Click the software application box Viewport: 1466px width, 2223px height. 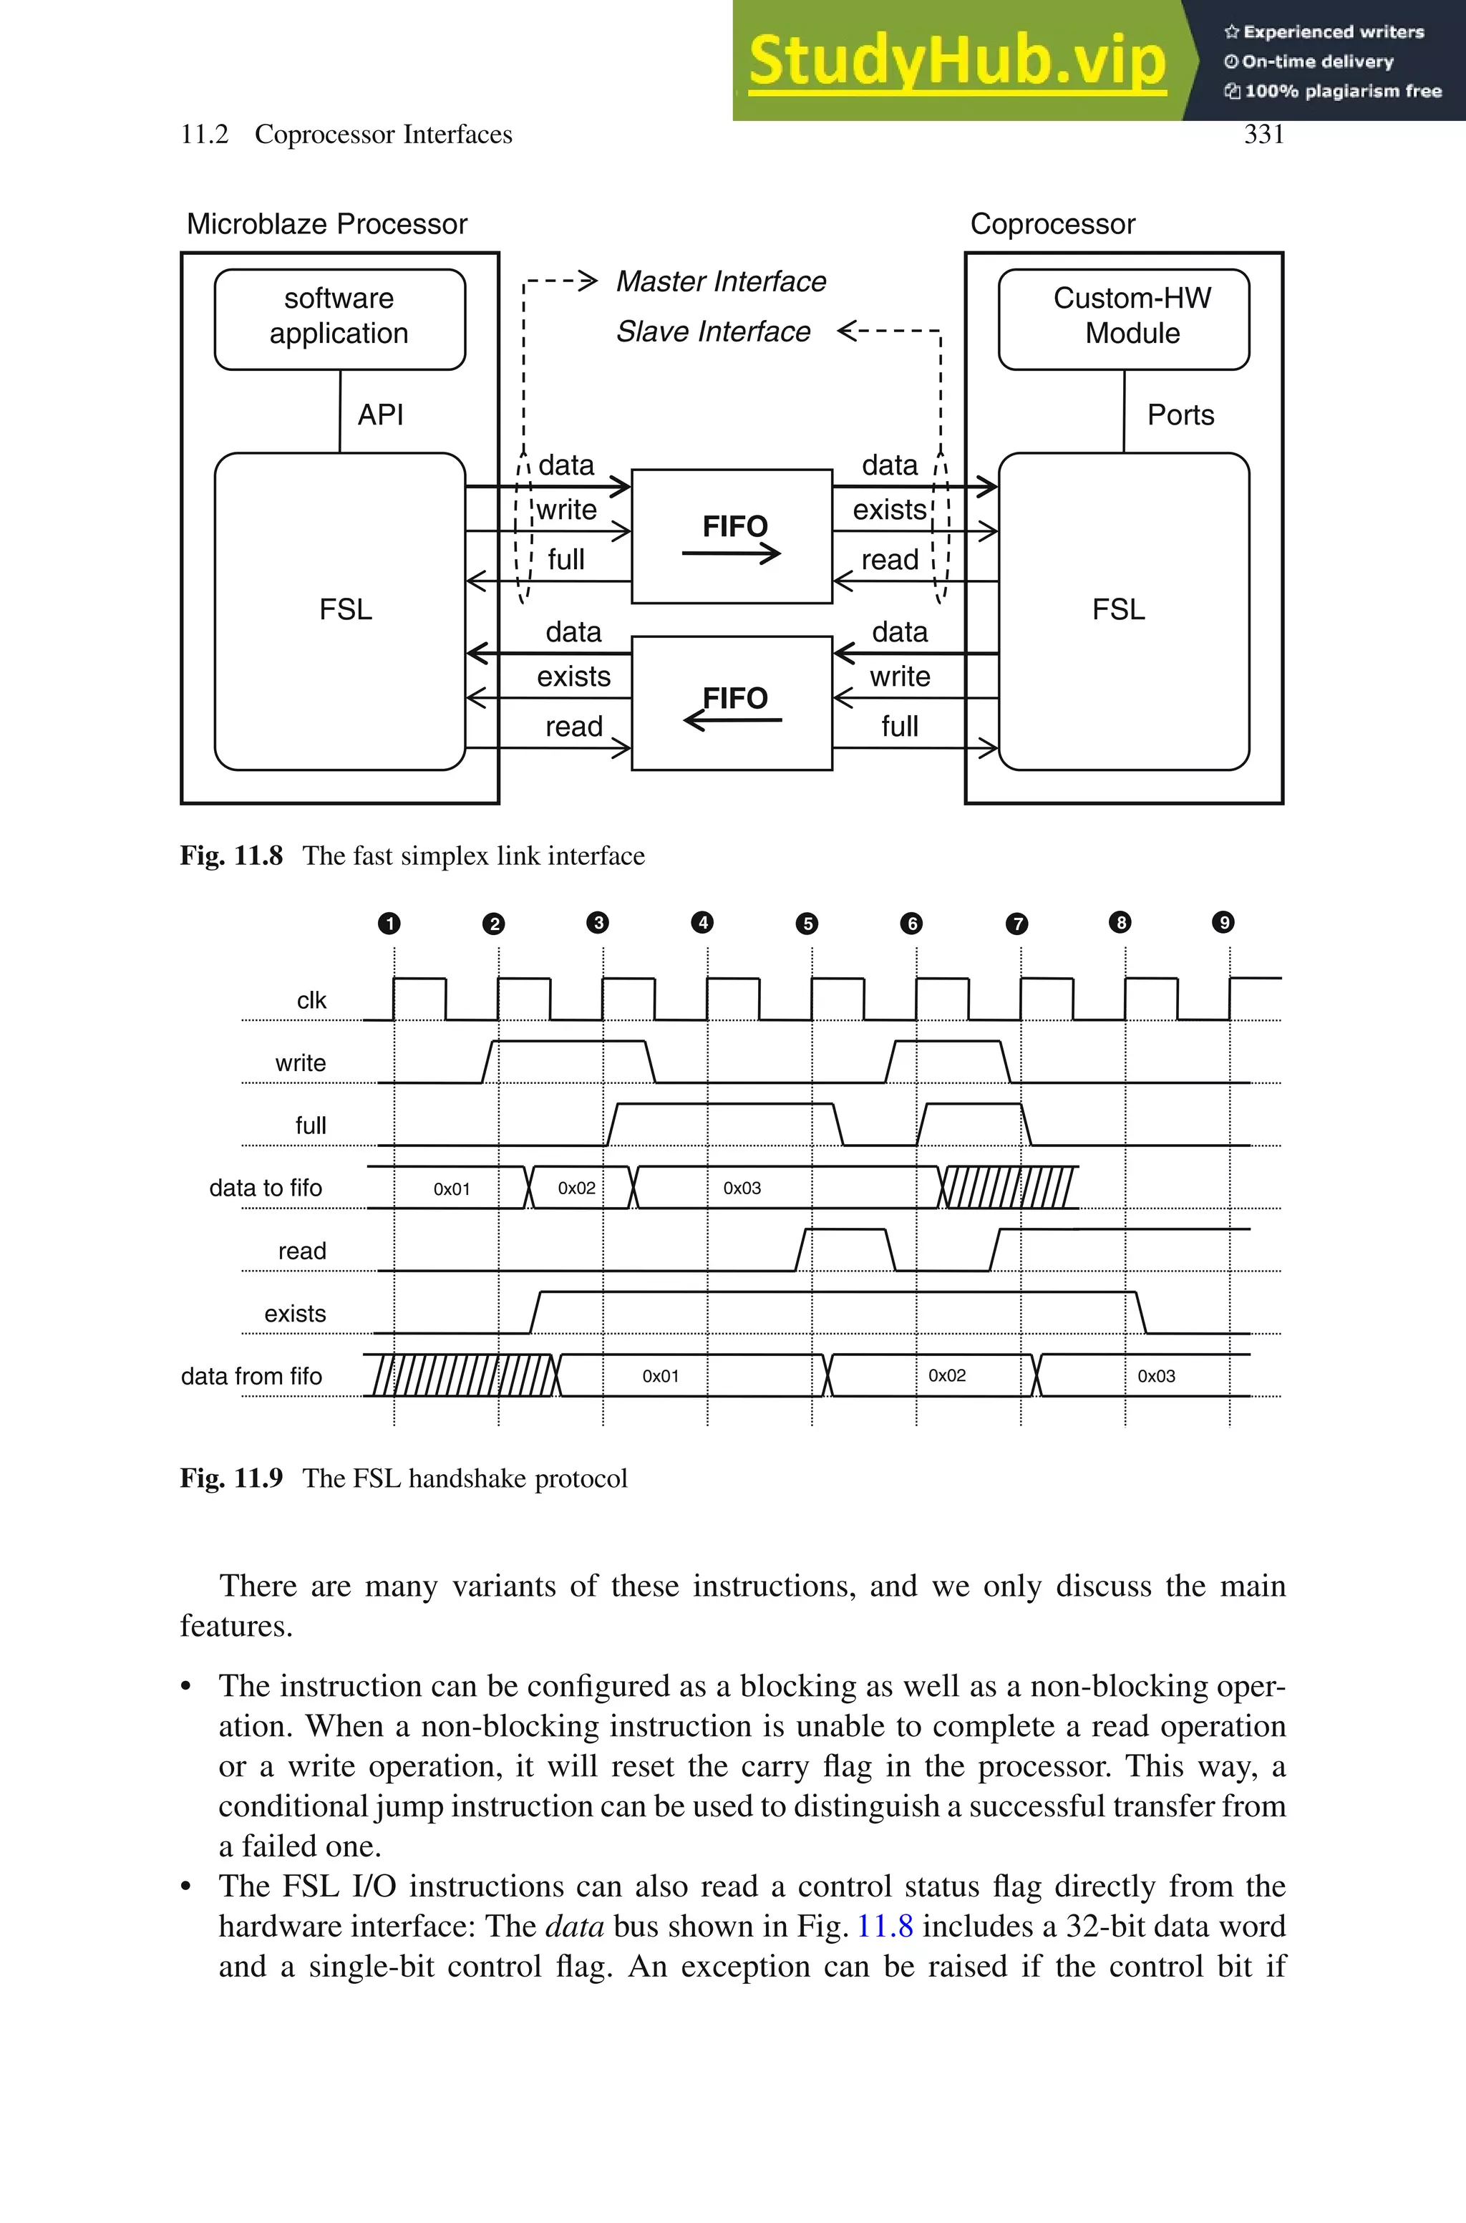(339, 317)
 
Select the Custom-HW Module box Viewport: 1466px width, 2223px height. (1123, 317)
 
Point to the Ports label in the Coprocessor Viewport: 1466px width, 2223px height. (1180, 414)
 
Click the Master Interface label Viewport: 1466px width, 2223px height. (721, 281)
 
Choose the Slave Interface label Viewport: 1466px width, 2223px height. (712, 331)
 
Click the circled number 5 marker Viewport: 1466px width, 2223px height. (807, 924)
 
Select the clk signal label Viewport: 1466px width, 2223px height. (311, 1000)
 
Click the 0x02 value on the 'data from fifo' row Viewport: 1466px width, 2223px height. (946, 1375)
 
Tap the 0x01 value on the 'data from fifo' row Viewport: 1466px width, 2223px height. (660, 1376)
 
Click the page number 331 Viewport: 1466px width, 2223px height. (1263, 135)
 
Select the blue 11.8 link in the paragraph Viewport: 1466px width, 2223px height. (885, 1926)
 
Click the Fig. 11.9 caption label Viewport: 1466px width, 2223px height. (231, 1478)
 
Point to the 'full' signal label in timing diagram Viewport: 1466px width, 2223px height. (311, 1125)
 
